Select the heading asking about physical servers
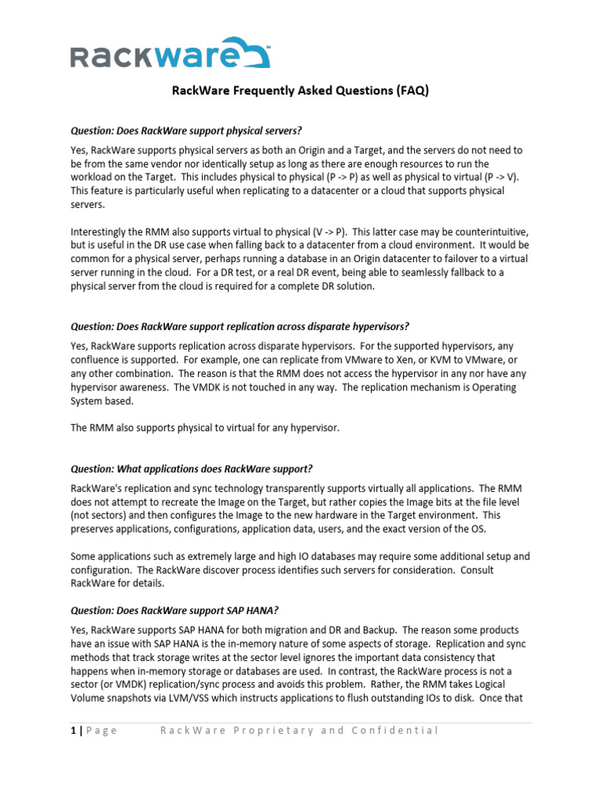[x=186, y=130]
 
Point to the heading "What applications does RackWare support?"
[x=191, y=469]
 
